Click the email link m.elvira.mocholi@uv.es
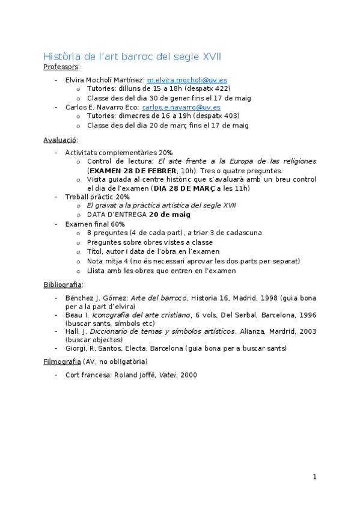187,79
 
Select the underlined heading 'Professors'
61,67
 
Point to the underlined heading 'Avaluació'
59,140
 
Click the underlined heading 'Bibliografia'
63,284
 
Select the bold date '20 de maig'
170,214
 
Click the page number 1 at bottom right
314,477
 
